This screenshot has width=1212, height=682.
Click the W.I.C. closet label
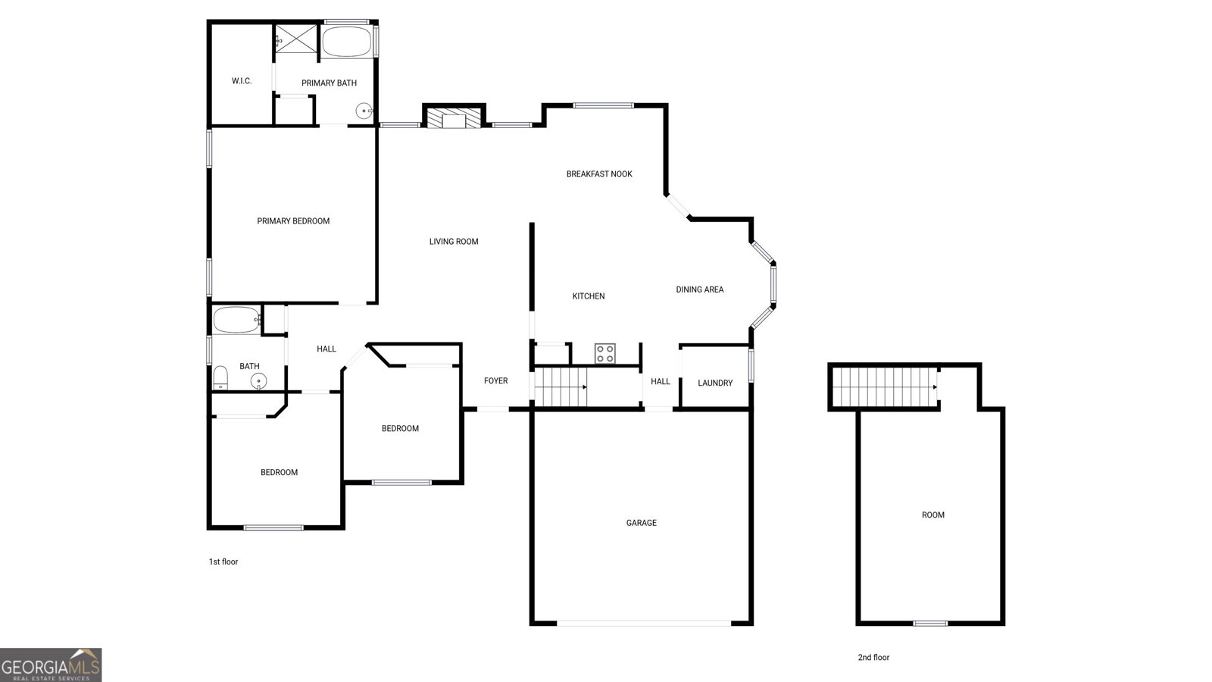(x=242, y=81)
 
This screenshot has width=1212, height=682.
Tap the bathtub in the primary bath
(x=346, y=41)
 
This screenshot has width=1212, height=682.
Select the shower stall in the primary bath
(x=295, y=39)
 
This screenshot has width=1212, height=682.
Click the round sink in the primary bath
(x=364, y=111)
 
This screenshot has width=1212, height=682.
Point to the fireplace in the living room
(x=454, y=118)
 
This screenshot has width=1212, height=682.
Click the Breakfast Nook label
(x=599, y=174)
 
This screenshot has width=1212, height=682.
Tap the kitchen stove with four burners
(x=605, y=353)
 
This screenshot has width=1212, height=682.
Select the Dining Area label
(x=700, y=289)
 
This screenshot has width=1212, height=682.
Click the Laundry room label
(x=715, y=383)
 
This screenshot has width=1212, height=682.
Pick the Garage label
(x=641, y=523)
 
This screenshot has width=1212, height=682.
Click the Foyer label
(x=495, y=381)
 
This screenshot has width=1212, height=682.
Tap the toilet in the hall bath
(x=220, y=377)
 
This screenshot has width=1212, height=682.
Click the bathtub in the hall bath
(x=236, y=320)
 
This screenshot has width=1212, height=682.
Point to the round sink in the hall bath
(x=258, y=381)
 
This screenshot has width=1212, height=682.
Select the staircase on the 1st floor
(x=561, y=387)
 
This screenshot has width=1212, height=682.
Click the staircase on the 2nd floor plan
(x=885, y=387)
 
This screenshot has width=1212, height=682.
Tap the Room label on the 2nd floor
(x=932, y=515)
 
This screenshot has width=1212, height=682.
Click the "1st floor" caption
(x=223, y=562)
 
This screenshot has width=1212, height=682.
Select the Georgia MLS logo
(x=51, y=665)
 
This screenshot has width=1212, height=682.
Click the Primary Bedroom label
(x=292, y=221)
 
